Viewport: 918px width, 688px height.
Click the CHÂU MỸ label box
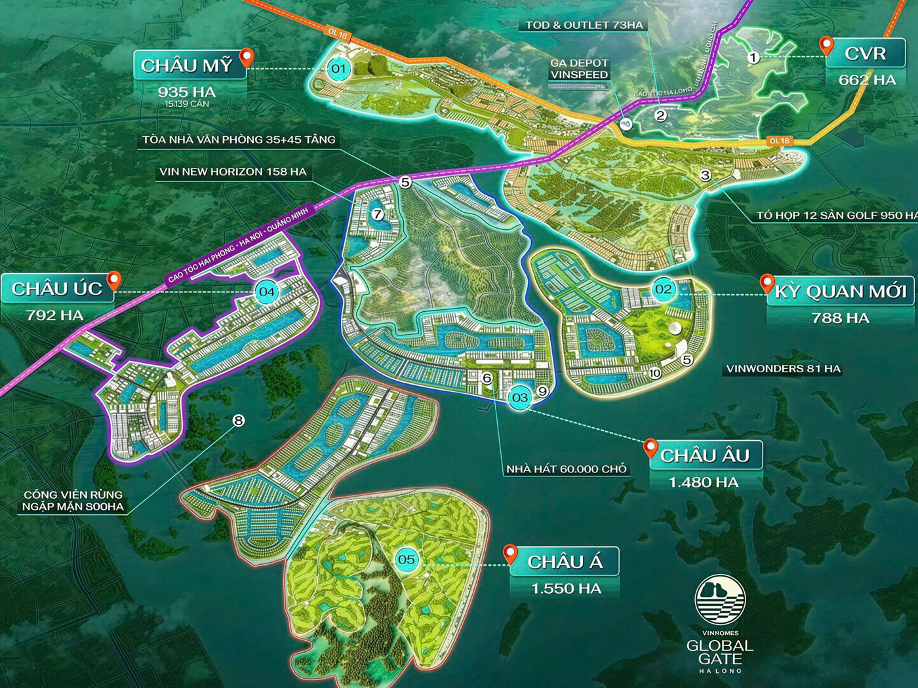187,66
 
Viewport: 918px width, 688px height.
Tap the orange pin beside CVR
827,46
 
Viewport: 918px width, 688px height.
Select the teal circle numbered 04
266,292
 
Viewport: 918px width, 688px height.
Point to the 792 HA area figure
55,315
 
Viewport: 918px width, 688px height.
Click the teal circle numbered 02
664,289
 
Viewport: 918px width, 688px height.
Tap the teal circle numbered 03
520,397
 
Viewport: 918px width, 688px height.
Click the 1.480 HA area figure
704,482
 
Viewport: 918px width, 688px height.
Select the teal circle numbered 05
407,559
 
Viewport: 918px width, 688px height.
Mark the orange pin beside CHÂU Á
510,554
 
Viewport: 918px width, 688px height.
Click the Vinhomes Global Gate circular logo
720,600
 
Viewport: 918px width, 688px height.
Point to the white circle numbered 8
239,420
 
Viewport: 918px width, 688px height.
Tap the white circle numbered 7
377,214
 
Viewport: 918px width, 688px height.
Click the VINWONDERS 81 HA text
783,369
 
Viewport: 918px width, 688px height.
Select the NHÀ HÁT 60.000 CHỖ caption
567,469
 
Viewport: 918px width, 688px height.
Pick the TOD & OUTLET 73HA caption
584,26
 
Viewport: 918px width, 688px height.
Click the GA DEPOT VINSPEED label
579,69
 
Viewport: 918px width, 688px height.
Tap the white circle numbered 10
654,373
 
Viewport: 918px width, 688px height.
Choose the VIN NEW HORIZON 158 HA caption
233,172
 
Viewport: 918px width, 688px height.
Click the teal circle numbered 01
338,68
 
